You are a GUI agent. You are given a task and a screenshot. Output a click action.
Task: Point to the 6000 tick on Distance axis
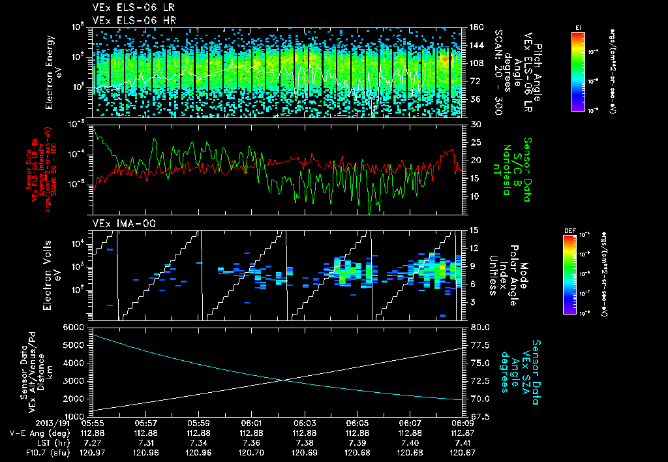76,327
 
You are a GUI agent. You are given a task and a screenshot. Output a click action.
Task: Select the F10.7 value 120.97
93,452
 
